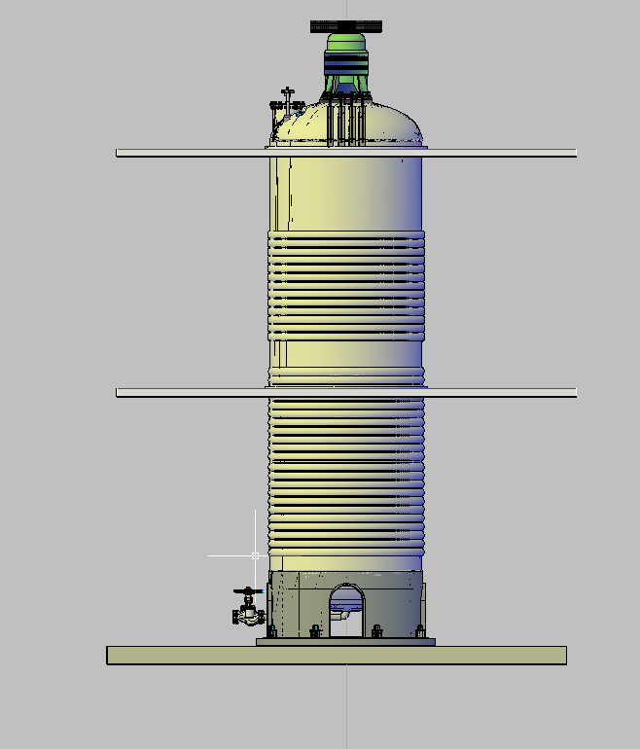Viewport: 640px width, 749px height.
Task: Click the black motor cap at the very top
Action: coord(345,25)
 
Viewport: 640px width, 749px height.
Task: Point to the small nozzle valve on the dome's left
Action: coord(286,102)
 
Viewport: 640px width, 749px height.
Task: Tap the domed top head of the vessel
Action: coord(389,122)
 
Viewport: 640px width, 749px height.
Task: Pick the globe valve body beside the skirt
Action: coord(248,615)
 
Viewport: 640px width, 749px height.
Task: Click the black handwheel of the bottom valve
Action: coord(248,590)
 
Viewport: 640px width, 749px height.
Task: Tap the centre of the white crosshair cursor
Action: coord(256,555)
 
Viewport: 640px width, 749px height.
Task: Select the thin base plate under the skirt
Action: coord(345,642)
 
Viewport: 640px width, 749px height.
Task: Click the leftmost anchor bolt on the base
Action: coord(273,632)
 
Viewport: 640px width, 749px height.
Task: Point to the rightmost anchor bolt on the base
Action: coord(420,632)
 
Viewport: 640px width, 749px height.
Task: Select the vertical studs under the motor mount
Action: coord(345,122)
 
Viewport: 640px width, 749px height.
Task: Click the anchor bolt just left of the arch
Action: coord(314,632)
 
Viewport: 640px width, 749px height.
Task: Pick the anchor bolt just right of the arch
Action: coord(377,632)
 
